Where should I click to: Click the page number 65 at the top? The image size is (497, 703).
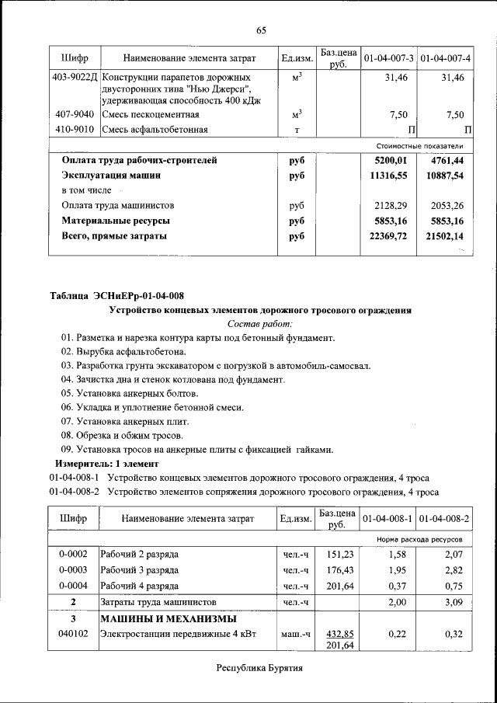point(261,30)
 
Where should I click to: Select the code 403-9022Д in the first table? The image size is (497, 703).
point(74,78)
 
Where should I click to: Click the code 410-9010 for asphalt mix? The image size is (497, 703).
point(74,129)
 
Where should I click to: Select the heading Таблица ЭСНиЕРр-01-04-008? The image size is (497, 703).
point(118,295)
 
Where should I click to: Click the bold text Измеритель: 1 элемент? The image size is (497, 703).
point(103,463)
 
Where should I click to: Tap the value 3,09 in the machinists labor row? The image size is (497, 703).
point(452,602)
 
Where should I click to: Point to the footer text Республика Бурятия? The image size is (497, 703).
point(259,668)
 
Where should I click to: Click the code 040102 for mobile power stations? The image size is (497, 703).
point(74,635)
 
